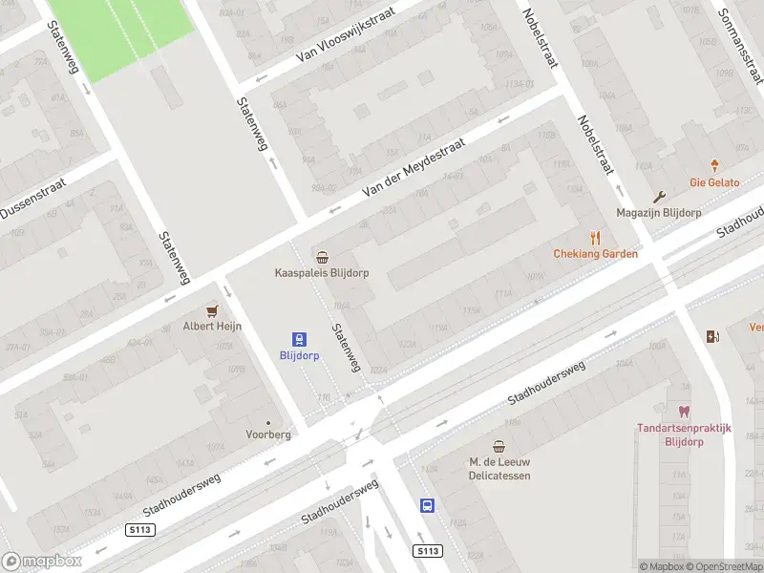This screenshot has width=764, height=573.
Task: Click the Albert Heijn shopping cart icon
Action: coord(212,310)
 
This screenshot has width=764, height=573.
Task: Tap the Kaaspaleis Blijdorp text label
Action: coord(322,272)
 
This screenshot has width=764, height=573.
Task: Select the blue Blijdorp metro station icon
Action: coord(300,339)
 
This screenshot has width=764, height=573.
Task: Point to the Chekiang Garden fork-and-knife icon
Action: coord(596,238)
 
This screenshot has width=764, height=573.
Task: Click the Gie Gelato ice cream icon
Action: coord(715,166)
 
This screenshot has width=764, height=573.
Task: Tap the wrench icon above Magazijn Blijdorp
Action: coord(660,197)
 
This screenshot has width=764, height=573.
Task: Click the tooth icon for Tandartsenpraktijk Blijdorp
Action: coord(684,412)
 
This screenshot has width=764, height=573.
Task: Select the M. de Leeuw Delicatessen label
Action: coord(499,468)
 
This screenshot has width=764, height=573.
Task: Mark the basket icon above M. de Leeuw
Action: coord(499,446)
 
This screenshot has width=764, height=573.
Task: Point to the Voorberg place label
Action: coord(268,434)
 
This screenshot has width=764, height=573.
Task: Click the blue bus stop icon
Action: coord(427,506)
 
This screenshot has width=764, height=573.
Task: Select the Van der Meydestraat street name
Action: coord(413,167)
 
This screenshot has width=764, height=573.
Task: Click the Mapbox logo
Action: coord(42,562)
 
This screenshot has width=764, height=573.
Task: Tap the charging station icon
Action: coord(711,336)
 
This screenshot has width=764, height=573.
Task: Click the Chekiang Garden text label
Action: coord(596,254)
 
